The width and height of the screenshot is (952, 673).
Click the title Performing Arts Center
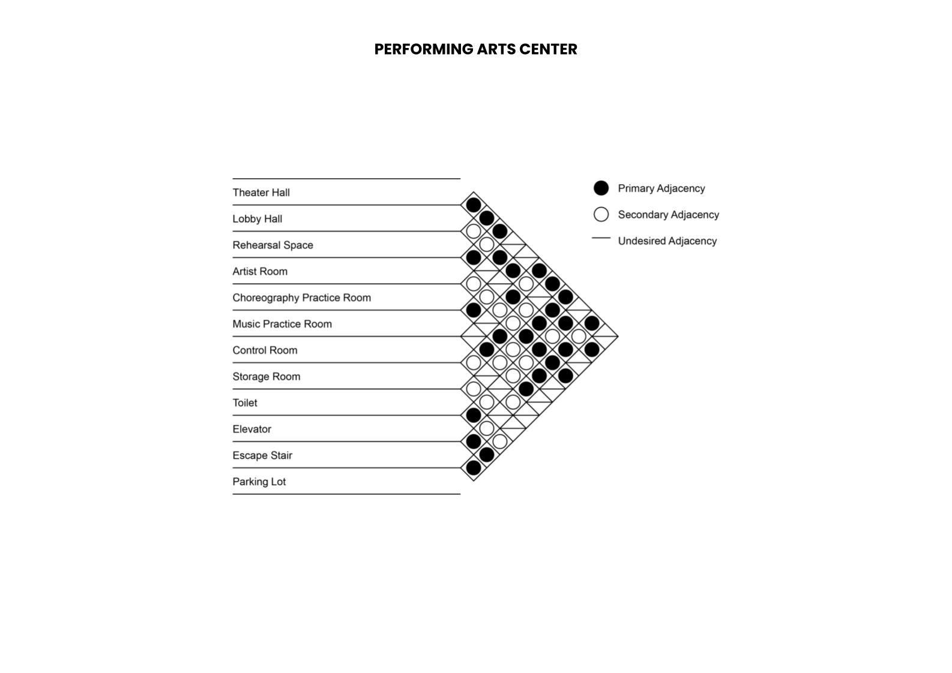(x=475, y=49)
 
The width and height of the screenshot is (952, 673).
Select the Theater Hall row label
(x=261, y=193)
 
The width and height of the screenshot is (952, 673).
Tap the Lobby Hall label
(x=257, y=219)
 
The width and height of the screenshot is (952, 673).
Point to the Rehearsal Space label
(x=273, y=245)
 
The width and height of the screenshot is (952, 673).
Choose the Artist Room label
(x=260, y=272)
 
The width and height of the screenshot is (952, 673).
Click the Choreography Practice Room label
(x=301, y=298)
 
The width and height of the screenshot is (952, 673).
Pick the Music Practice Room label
(x=282, y=325)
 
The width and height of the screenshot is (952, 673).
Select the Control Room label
(x=265, y=350)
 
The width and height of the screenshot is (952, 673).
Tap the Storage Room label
(x=266, y=377)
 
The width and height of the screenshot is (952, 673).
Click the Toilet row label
(x=245, y=403)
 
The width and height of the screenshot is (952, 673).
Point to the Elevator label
(x=252, y=429)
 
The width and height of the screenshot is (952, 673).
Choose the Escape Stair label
(x=262, y=456)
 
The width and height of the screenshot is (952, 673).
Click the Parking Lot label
(x=259, y=482)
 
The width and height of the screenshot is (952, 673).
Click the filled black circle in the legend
(x=601, y=188)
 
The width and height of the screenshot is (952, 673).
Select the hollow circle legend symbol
(x=601, y=215)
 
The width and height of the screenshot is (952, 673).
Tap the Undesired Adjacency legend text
(x=667, y=241)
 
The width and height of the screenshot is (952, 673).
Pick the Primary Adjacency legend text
(x=661, y=188)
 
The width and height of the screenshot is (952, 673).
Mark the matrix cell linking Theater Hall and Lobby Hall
(x=474, y=205)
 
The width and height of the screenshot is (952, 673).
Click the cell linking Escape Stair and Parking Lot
(x=474, y=468)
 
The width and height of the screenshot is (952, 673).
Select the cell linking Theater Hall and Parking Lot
(x=605, y=336)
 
